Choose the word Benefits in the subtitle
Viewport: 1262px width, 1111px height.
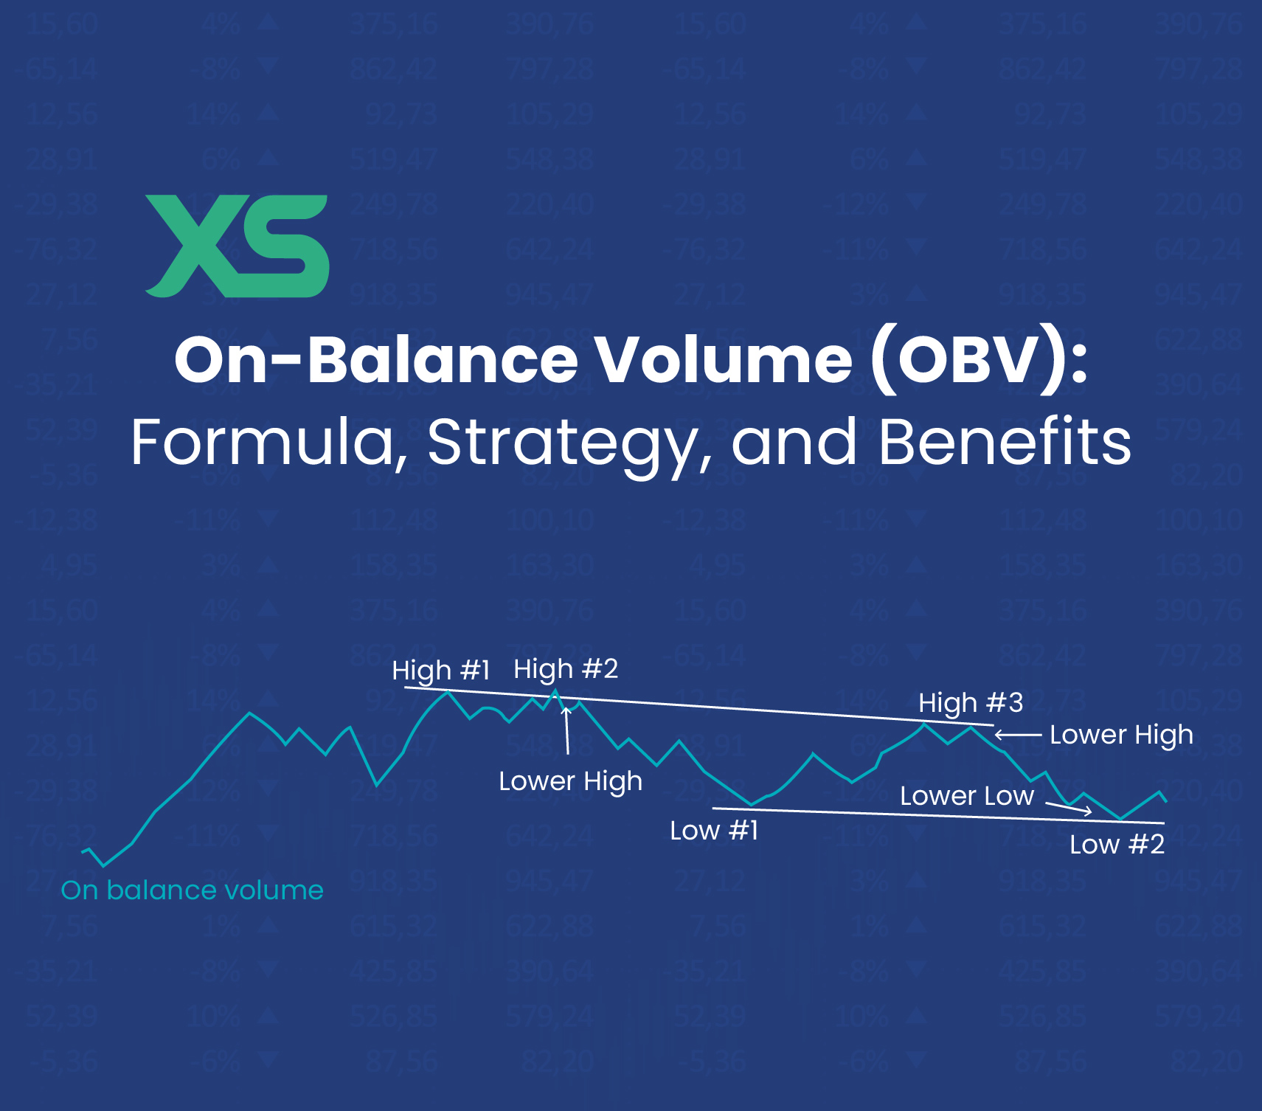[1005, 443]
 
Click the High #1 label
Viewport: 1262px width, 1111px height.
[441, 671]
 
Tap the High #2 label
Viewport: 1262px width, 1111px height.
[566, 669]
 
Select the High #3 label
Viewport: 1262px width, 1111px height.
[971, 703]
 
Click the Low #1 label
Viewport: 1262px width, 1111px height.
[714, 831]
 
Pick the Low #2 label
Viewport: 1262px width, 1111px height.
[1117, 844]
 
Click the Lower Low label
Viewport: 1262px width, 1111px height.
[967, 796]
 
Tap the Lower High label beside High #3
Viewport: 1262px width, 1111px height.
[1121, 735]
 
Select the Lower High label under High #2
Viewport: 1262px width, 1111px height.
[570, 781]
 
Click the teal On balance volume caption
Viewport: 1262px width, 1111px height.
[193, 890]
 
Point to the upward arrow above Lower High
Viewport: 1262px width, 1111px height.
[567, 730]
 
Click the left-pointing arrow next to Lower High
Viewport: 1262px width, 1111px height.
[1018, 735]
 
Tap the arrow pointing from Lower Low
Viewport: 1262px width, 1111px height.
[1069, 809]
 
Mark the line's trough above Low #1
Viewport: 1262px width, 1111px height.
[751, 804]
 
